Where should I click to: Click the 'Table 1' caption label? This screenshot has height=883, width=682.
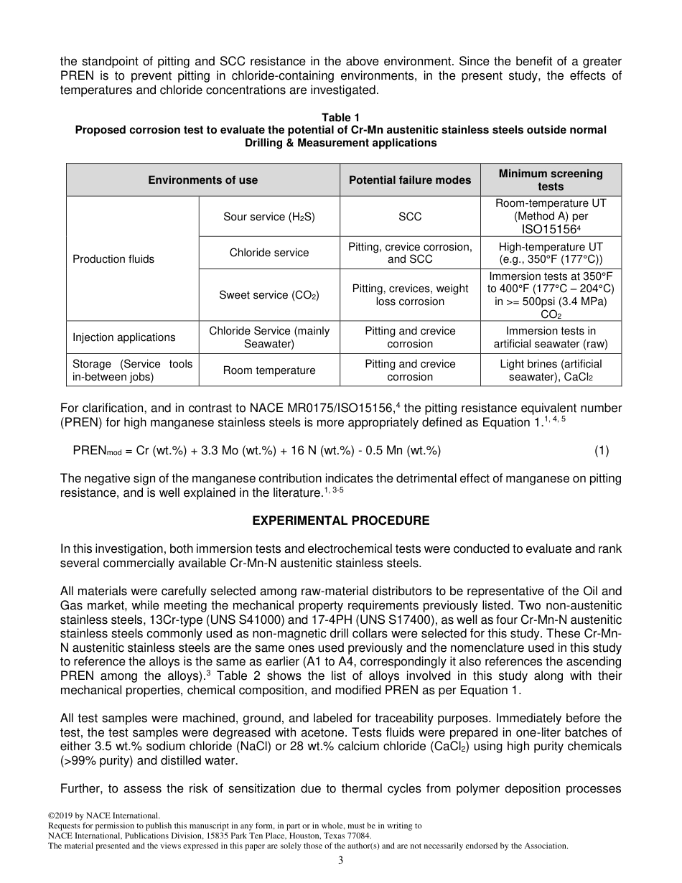[340, 117]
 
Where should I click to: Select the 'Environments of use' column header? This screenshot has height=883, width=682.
[203, 180]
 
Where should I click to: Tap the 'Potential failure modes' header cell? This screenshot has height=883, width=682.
[410, 180]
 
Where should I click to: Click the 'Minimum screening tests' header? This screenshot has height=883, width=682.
[551, 179]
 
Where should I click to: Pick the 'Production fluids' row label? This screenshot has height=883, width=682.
[113, 259]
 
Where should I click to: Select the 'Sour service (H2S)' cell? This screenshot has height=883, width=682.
[269, 216]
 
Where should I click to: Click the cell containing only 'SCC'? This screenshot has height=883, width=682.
[410, 216]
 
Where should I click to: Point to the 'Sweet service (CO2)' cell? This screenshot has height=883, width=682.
[269, 295]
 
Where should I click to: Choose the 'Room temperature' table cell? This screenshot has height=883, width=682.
[269, 370]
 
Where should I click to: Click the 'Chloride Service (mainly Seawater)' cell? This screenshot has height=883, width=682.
[269, 337]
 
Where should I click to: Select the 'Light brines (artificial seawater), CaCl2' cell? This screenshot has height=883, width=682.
[551, 370]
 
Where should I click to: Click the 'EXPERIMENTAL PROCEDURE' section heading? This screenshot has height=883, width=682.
[341, 520]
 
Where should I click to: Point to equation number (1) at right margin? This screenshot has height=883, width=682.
[602, 451]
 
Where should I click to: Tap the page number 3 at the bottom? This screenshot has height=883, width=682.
[341, 860]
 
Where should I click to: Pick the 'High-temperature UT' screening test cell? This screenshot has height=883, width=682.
[551, 253]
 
